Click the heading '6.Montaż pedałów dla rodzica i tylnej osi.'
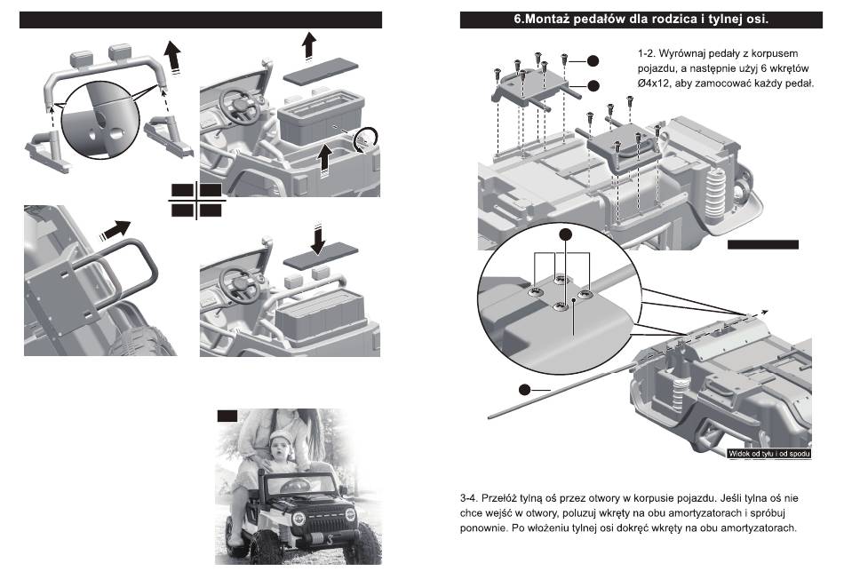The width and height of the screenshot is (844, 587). [641, 19]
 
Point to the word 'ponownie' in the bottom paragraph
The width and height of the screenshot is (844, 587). [485, 529]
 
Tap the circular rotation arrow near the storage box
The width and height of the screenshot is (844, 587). [364, 139]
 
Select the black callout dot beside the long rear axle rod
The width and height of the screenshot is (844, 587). [526, 389]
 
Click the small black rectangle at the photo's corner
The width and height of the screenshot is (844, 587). [227, 415]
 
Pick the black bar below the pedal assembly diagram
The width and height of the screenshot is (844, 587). [763, 244]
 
